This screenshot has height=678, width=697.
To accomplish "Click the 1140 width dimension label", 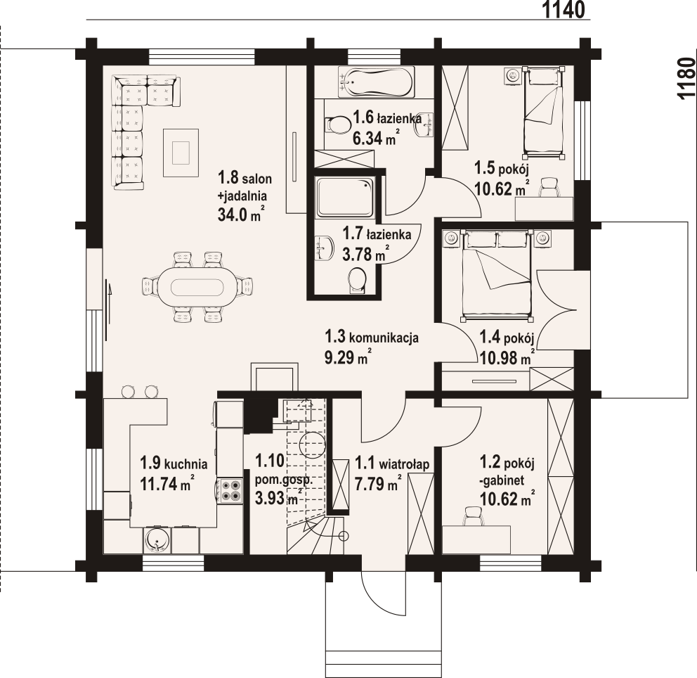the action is tap(564, 9).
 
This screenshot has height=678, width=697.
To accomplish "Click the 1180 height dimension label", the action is tap(686, 78).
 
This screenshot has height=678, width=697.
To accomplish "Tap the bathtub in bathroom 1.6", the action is tap(376, 82).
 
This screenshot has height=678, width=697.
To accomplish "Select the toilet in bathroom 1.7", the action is tap(358, 281).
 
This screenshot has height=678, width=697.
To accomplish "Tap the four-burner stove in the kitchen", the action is tap(230, 491).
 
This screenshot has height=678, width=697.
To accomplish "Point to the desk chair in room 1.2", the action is tap(474, 516).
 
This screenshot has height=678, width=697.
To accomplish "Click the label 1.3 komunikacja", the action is tap(372, 337).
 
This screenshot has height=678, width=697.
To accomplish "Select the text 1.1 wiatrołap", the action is tap(393, 464).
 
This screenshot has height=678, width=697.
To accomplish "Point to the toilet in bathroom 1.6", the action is tap(338, 124).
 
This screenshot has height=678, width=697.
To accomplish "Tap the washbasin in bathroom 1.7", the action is tap(325, 248).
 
